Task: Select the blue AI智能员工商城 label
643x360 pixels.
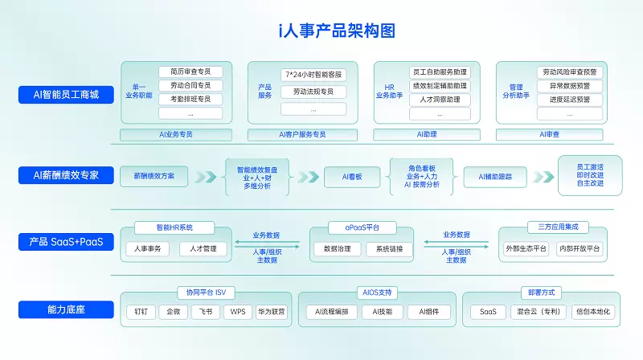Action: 66,95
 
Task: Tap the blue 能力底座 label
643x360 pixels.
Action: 66,309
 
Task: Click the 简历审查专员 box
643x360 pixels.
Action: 190,72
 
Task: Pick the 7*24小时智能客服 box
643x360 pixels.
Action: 313,75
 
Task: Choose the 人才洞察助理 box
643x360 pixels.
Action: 440,100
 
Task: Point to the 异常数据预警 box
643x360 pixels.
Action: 570,86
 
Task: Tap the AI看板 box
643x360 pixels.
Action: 351,176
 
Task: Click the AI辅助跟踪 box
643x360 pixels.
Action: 495,176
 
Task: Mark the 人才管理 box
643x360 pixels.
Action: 199,249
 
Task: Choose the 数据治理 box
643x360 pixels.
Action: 337,249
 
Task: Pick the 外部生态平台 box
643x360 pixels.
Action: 526,249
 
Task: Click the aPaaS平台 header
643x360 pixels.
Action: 362,227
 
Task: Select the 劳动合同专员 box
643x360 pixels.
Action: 190,85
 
